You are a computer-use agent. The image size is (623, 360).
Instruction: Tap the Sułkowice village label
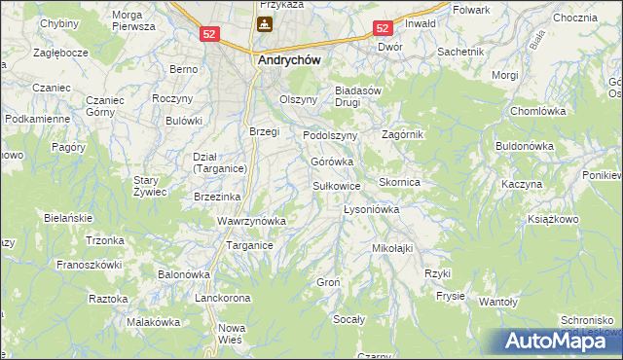pyautogui.click(x=337, y=185)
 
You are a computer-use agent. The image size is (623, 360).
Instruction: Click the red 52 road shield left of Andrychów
pyautogui.click(x=209, y=34)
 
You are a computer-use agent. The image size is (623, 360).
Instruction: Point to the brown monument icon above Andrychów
pyautogui.click(x=264, y=24)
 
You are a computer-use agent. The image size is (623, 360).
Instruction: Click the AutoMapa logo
pyautogui.click(x=562, y=341)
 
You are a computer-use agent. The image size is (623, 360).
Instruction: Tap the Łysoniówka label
pyautogui.click(x=373, y=209)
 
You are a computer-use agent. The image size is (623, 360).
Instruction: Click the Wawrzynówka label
pyautogui.click(x=251, y=221)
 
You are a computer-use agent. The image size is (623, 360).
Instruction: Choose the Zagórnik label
pyautogui.click(x=403, y=134)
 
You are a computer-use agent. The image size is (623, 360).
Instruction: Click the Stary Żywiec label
pyautogui.click(x=151, y=186)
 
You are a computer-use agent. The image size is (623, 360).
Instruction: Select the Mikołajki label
pyautogui.click(x=393, y=248)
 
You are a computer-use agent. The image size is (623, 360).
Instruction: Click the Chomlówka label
pyautogui.click(x=538, y=111)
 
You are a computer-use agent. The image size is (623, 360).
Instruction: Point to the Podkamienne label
pyautogui.click(x=37, y=119)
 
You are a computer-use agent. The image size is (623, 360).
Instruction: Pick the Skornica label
pyautogui.click(x=399, y=182)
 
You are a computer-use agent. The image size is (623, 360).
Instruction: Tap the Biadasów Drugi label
pyautogui.click(x=362, y=95)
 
